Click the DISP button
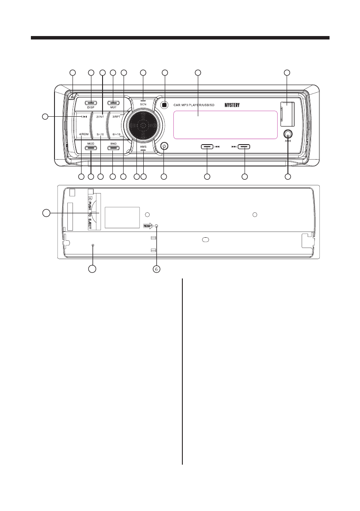(x=91, y=103)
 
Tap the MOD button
(x=91, y=148)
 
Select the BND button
(x=113, y=148)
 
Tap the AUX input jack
(x=288, y=133)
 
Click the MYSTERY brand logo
(x=234, y=104)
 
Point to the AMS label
(x=143, y=146)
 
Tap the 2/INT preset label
(x=100, y=117)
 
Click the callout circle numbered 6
(x=157, y=269)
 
